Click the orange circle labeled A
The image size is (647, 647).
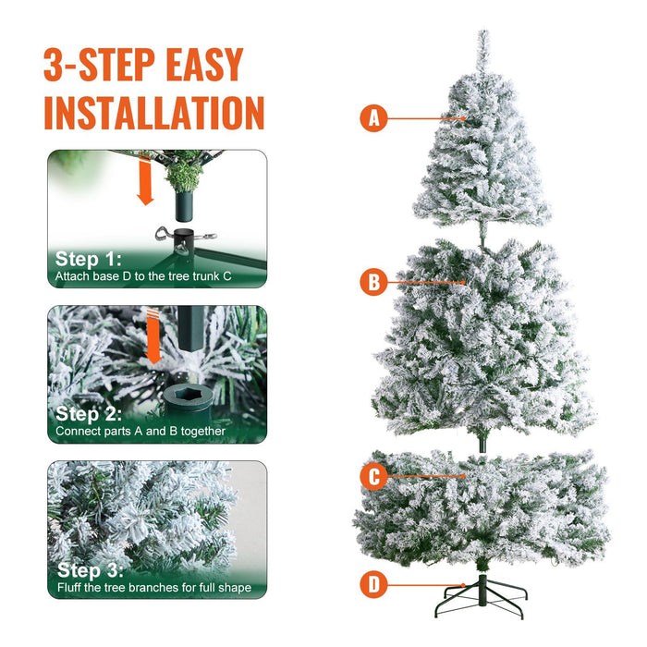(x=373, y=118)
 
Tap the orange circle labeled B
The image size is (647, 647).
(x=373, y=283)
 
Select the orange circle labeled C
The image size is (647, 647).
(x=373, y=477)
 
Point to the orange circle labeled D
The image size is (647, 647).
(x=373, y=584)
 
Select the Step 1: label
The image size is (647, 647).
(x=88, y=259)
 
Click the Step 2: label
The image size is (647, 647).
(x=90, y=414)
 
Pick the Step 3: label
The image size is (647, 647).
(x=90, y=570)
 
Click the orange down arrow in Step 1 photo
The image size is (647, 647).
(x=144, y=183)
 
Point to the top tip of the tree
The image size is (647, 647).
(x=482, y=37)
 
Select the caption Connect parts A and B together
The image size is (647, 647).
(x=140, y=432)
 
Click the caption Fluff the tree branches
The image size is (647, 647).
(x=153, y=588)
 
